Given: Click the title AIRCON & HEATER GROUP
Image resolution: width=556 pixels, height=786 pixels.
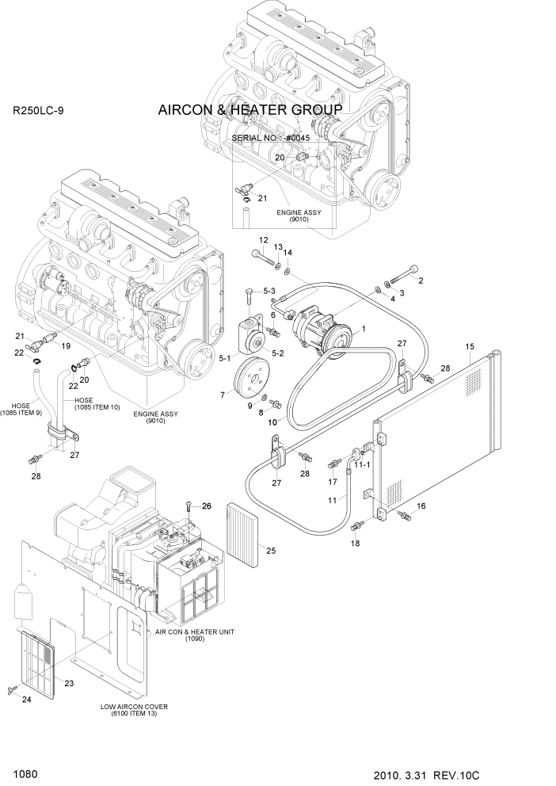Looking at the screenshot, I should coord(249,109).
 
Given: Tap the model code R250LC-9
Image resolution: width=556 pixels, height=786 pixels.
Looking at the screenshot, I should coord(39,111).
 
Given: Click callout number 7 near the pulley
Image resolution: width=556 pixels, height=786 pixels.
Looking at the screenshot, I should coord(223,394).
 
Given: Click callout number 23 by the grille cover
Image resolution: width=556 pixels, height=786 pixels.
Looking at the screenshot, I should coord(69,683).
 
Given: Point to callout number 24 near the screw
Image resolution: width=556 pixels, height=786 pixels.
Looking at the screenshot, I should coord(28,699).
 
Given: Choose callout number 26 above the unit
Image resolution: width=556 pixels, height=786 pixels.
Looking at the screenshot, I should coord(207,506).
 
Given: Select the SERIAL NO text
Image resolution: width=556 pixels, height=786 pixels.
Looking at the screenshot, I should coord(270,138).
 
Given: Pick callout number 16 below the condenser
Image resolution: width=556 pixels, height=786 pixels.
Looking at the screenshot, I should coord(421,506).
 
